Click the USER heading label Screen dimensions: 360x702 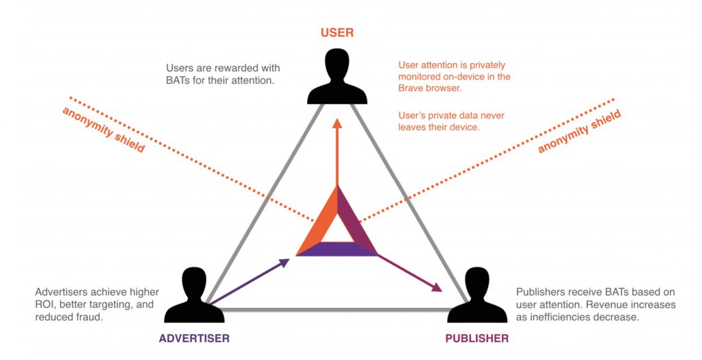(337, 33)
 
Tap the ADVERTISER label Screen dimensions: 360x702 (194, 338)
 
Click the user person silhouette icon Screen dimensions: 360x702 (337, 76)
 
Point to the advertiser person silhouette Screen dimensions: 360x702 (194, 296)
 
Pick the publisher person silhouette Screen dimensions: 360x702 (476, 296)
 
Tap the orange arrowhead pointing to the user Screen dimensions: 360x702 (337, 123)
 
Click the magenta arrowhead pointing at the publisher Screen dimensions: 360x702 (436, 287)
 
